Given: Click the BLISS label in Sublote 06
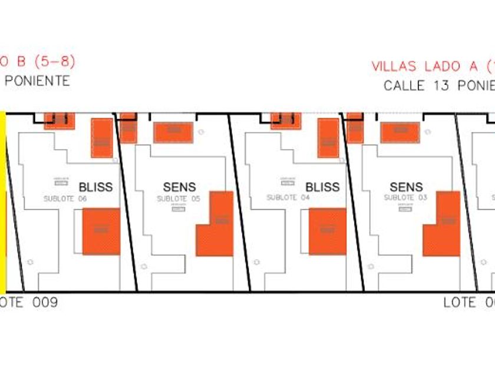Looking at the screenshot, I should coord(95,187).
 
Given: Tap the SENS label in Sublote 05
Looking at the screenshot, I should coord(179,187).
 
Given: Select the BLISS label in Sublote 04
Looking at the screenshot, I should coord(322,187).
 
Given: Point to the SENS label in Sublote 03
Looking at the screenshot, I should coord(406,187).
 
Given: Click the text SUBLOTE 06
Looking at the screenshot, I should coord(65,199).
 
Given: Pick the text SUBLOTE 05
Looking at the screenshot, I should coord(179,199).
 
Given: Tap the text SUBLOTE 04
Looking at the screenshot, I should coord(288,198).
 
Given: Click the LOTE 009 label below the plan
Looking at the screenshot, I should coord(29,303).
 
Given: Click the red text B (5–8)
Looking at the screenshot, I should coord(38,61).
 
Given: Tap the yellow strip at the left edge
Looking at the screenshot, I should coord(2,200).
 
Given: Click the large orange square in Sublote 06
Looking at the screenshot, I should coord(101,231).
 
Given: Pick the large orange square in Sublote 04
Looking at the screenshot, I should coord(328,231).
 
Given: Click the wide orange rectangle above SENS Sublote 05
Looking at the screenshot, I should coord(173,132).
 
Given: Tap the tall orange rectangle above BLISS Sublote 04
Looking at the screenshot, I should coord(328,137).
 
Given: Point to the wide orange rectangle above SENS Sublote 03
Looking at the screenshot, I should coord(400,132).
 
